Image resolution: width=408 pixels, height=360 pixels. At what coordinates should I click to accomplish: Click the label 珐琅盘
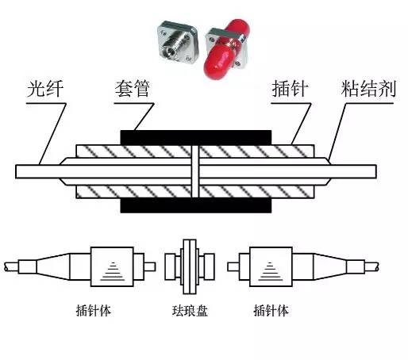[190, 310]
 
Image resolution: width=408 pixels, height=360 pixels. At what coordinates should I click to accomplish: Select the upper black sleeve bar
[195, 136]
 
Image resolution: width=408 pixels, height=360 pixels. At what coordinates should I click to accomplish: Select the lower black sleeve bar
[195, 205]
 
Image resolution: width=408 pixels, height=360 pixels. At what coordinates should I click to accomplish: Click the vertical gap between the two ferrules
[195, 170]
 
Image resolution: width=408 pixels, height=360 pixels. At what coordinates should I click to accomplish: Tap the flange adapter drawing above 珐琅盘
[191, 265]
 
